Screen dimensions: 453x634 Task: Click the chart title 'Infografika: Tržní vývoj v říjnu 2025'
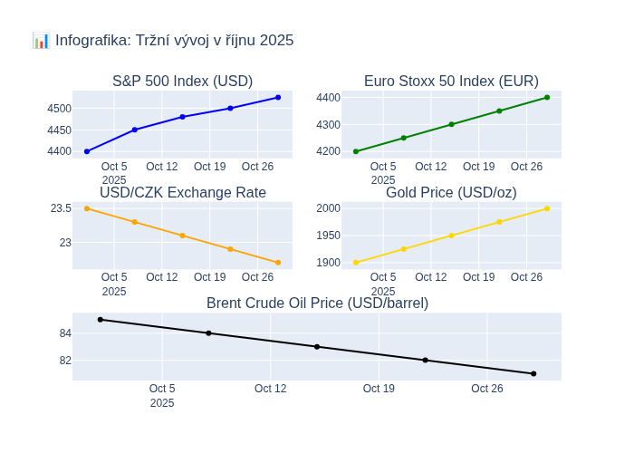pyautogui.click(x=173, y=41)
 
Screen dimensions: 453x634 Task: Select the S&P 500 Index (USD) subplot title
pyautogui.click(x=182, y=82)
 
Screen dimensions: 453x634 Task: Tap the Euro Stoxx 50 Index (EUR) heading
pyautogui.click(x=451, y=82)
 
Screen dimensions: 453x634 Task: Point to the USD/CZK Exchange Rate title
pyautogui.click(x=182, y=192)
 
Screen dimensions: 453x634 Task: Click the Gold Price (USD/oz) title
pyautogui.click(x=451, y=192)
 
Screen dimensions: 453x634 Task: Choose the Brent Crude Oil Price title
pyautogui.click(x=317, y=304)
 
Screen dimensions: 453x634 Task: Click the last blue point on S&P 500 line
pyautogui.click(x=278, y=97)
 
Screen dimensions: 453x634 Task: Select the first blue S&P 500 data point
pyautogui.click(x=87, y=151)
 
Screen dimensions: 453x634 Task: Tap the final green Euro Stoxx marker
pyautogui.click(x=547, y=97)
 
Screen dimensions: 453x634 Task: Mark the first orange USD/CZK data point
pyautogui.click(x=87, y=208)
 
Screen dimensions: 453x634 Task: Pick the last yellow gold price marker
pyautogui.click(x=547, y=208)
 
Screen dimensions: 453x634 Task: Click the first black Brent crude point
pyautogui.click(x=101, y=319)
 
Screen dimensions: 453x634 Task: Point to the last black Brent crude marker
pyautogui.click(x=533, y=373)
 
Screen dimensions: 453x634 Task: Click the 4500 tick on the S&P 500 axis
pyautogui.click(x=59, y=109)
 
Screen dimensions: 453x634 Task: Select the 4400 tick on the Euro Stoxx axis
pyautogui.click(x=328, y=98)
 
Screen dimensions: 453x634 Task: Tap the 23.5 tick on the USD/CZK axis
pyautogui.click(x=61, y=208)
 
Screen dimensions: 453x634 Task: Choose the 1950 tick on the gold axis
pyautogui.click(x=328, y=236)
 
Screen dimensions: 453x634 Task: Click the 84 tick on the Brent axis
pyautogui.click(x=65, y=333)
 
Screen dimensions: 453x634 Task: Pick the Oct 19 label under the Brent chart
pyautogui.click(x=379, y=389)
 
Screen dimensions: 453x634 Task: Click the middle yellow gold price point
pyautogui.click(x=451, y=236)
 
